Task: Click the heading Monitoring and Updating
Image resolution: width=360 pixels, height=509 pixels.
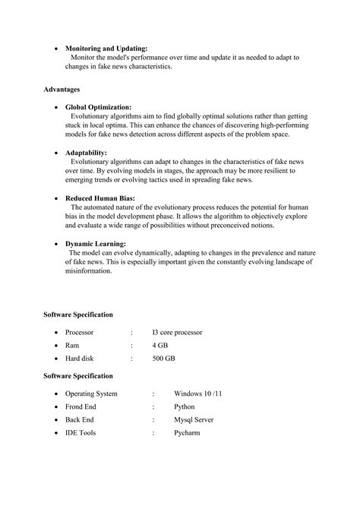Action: pyautogui.click(x=106, y=48)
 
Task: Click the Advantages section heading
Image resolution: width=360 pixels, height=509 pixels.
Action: pyautogui.click(x=62, y=90)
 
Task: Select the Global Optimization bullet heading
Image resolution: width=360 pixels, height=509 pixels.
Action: pyautogui.click(x=98, y=107)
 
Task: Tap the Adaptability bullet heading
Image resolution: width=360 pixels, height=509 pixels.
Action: pyautogui.click(x=86, y=153)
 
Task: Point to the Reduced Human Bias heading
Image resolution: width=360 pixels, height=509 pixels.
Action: pyautogui.click(x=101, y=198)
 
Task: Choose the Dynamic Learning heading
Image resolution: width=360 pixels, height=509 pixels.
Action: pyautogui.click(x=95, y=243)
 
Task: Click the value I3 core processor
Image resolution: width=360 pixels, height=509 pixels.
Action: pyautogui.click(x=177, y=332)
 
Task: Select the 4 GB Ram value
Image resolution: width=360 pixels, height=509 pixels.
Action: pyautogui.click(x=159, y=345)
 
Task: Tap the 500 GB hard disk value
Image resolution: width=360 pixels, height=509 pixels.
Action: pyautogui.click(x=163, y=358)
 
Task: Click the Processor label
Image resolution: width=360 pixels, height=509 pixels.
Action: pyautogui.click(x=79, y=332)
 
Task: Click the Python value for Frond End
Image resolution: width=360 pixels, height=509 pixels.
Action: pyautogui.click(x=185, y=406)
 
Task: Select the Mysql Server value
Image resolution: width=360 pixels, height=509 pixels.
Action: pyautogui.click(x=194, y=419)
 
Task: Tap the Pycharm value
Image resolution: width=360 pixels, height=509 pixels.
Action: pyautogui.click(x=187, y=432)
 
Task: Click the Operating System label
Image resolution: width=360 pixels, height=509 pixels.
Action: pyautogui.click(x=91, y=394)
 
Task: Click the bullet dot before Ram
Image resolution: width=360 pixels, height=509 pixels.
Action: pyautogui.click(x=56, y=346)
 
